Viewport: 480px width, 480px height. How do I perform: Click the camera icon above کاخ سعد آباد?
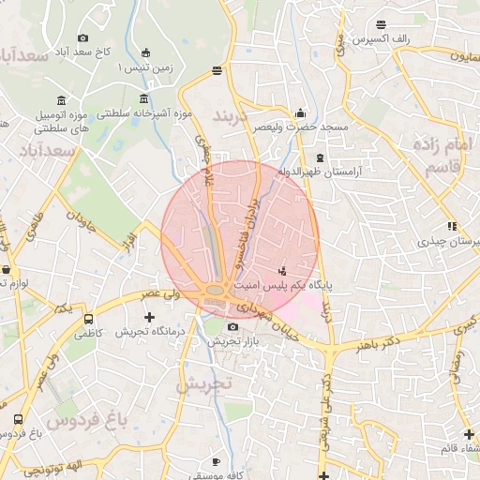tap(82, 38)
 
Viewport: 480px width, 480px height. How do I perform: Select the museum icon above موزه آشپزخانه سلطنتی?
tap(142, 98)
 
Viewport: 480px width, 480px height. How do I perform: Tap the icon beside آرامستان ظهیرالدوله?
tap(321, 157)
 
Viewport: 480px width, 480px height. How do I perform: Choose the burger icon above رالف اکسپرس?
tap(381, 24)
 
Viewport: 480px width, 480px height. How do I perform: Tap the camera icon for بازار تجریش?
tap(232, 327)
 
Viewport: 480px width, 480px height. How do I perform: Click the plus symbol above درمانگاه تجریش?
tap(149, 317)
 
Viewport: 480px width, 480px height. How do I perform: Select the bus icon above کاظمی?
tap(88, 318)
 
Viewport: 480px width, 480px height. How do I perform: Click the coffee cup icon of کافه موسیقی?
tap(217, 461)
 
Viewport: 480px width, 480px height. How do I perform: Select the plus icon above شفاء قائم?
tap(470, 433)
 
